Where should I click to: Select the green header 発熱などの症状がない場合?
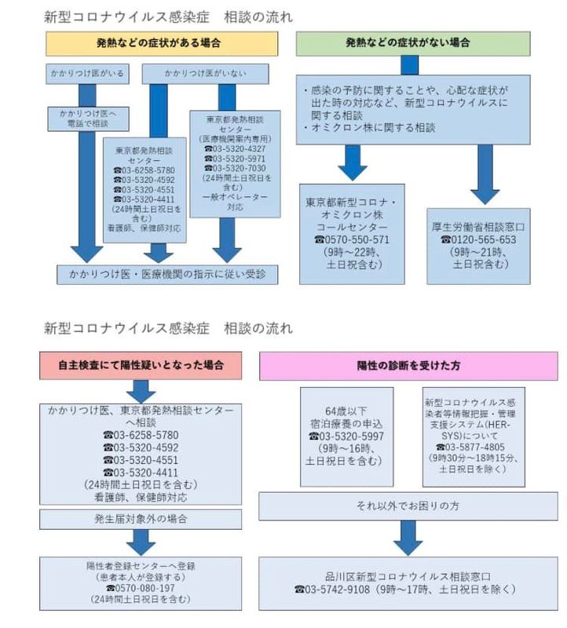[x=420, y=44]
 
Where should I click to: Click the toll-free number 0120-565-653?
[x=478, y=239]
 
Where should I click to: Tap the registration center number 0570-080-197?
[x=141, y=588]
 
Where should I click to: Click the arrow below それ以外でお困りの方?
[x=408, y=538]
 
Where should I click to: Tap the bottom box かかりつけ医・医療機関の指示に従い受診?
[x=168, y=274]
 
